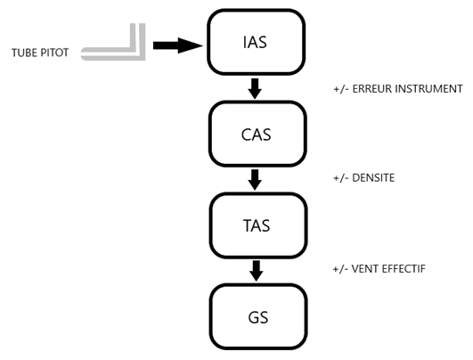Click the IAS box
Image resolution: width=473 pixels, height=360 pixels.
coord(257,42)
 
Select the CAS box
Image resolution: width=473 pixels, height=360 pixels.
coord(257,134)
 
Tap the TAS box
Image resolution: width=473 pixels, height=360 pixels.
coord(258,225)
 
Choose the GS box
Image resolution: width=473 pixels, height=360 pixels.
coord(258,317)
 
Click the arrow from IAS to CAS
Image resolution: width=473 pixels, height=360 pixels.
coord(255,88)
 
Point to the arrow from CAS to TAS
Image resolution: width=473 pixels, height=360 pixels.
coord(255,179)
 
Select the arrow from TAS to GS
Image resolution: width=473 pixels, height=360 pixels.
coord(257,271)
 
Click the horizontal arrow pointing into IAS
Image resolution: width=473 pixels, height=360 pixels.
coord(177,45)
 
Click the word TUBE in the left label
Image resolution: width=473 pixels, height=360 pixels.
coord(24,53)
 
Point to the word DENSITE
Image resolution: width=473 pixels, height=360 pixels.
coord(373,177)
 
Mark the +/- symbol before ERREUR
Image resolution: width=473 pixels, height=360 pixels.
coord(341,89)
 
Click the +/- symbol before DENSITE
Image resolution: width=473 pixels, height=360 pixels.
coord(341,178)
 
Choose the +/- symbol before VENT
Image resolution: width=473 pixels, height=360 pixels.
coord(340,269)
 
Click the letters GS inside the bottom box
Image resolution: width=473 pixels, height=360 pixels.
coord(258,317)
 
